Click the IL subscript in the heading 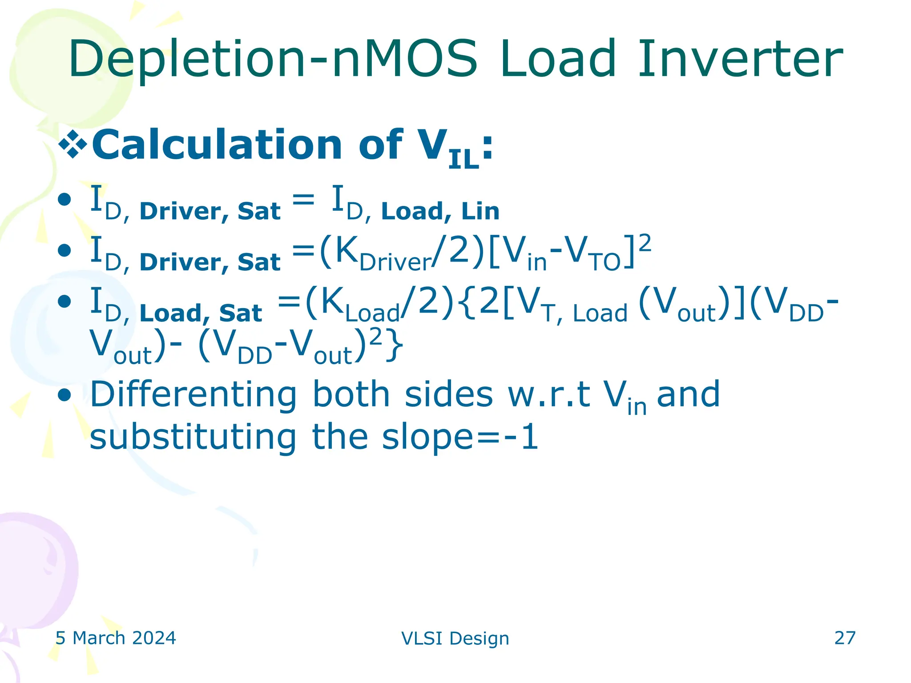click(464, 160)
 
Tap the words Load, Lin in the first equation click(440, 212)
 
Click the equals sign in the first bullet click(303, 199)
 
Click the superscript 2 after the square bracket click(645, 244)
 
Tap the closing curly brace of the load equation click(395, 346)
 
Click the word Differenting click(193, 395)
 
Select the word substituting click(193, 438)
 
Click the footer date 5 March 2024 click(116, 638)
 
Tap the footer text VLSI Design click(455, 639)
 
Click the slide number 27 click(845, 638)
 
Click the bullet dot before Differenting click(65, 395)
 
